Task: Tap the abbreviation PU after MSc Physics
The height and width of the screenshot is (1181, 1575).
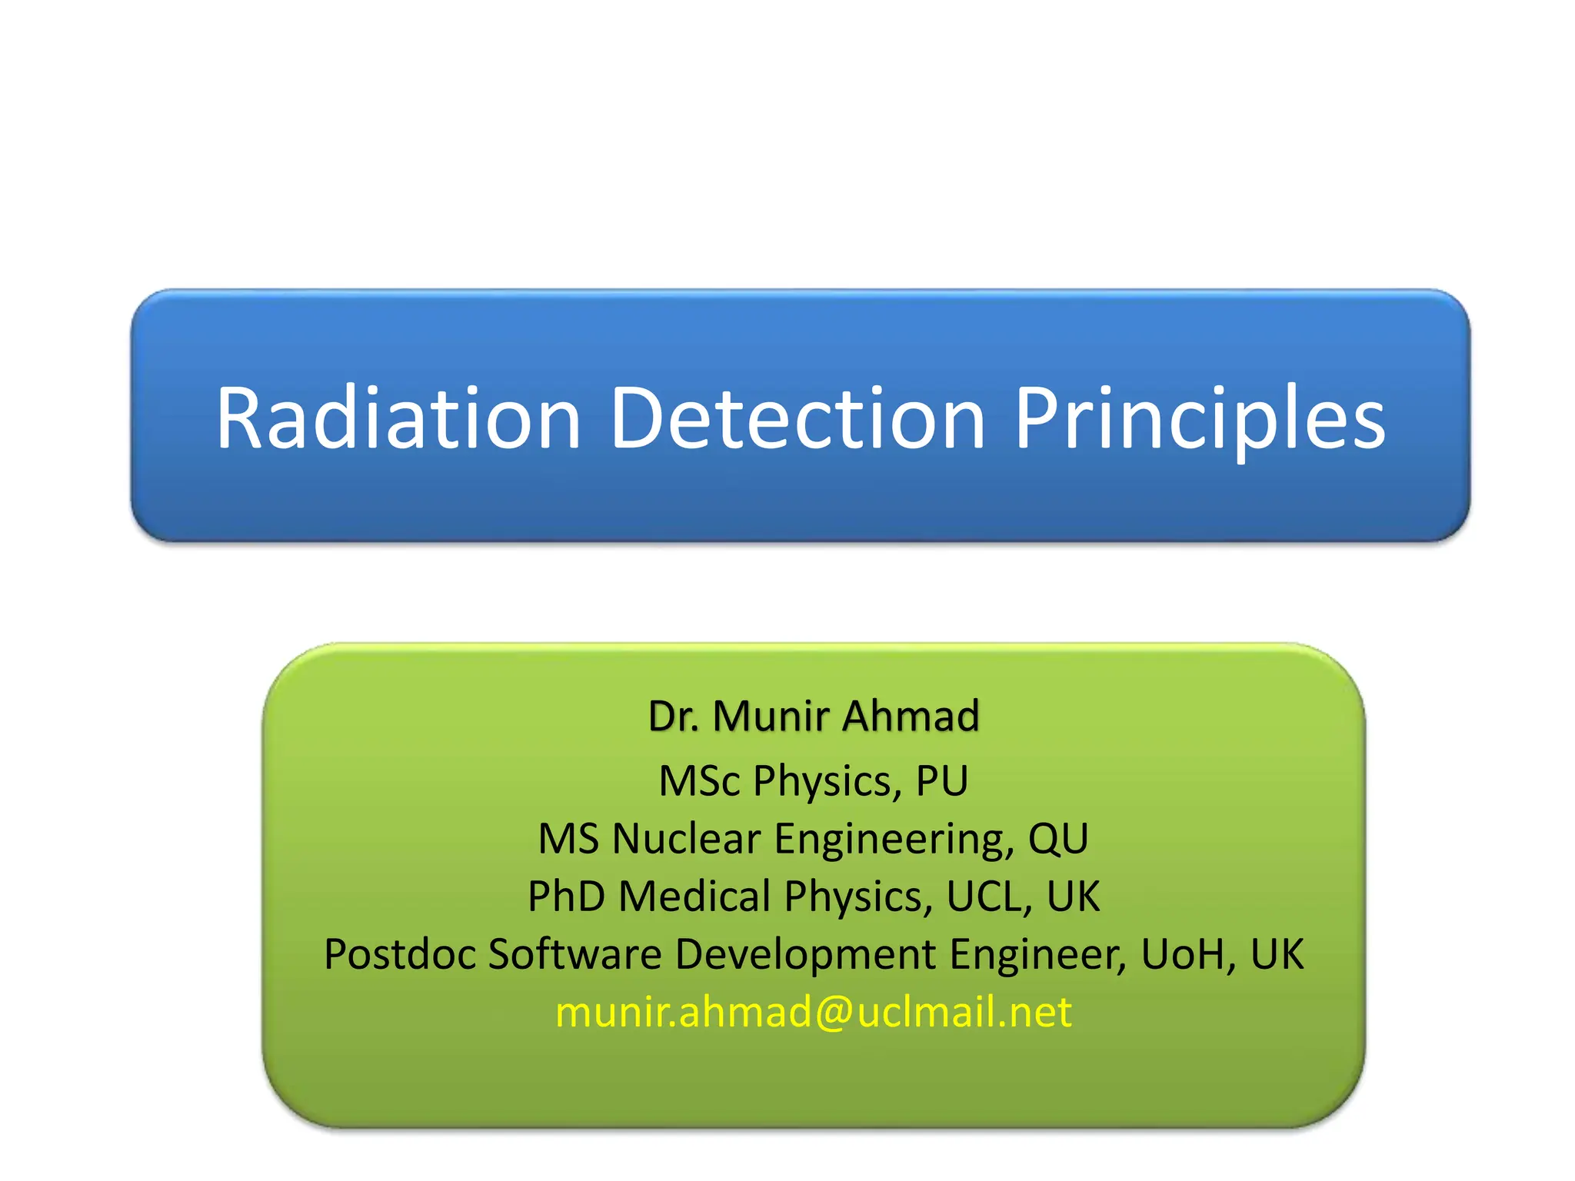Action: click(941, 780)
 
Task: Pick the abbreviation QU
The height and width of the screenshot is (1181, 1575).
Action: click(1058, 838)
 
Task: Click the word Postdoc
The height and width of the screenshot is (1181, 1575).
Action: click(399, 954)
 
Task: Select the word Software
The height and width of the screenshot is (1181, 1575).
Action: click(574, 954)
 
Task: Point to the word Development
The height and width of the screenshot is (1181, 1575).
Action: click(805, 956)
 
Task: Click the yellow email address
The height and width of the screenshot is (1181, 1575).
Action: click(813, 1012)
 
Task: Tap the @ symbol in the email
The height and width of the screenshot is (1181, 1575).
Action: click(834, 1012)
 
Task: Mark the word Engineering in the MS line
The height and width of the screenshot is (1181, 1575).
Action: click(894, 840)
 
